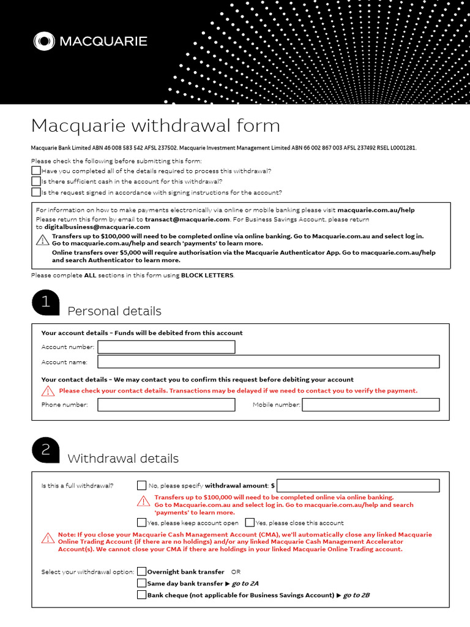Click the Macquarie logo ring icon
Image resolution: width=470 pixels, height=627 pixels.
pos(44,42)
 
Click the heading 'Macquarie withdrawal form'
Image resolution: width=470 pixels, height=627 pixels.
pos(155,126)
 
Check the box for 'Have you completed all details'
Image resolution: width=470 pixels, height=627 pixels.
pos(36,171)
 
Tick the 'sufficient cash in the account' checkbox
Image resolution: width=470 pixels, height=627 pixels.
pos(36,181)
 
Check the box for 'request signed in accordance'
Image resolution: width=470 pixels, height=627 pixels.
pos(36,192)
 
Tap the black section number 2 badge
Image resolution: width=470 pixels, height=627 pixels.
pos(45,451)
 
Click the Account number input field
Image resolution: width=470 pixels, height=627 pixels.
pos(166,347)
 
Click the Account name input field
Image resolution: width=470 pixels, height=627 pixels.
pos(268,362)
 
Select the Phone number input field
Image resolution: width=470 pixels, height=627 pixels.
pos(166,405)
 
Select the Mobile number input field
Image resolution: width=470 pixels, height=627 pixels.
pos(371,405)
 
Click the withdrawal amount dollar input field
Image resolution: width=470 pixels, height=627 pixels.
pos(358,486)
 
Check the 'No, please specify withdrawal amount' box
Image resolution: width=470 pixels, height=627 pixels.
pos(142,486)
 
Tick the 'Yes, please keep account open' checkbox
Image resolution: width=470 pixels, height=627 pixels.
pos(142,522)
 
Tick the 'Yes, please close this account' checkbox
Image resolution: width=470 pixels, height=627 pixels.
pos(250,522)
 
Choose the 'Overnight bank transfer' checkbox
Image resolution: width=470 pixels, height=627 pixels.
pos(142,571)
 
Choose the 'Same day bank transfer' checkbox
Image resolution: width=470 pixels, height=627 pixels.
pos(142,583)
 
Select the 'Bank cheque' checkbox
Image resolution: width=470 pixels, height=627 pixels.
pos(142,595)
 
